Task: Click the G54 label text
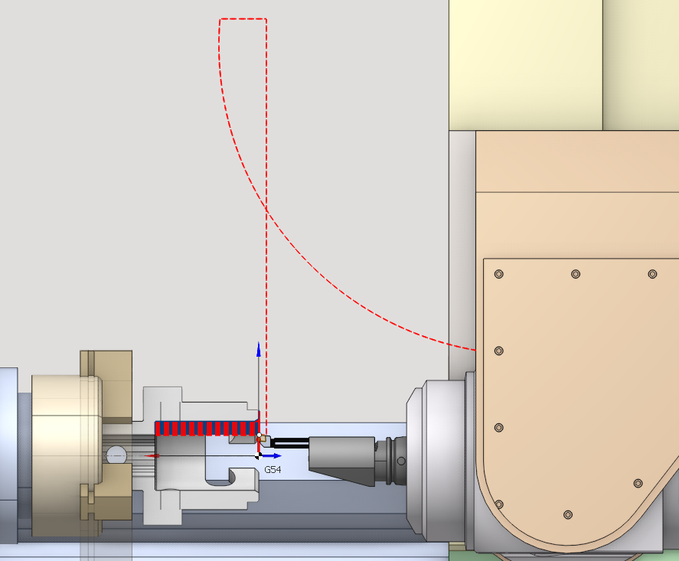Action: (x=273, y=470)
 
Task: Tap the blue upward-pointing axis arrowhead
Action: (x=259, y=349)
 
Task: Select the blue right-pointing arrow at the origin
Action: (x=272, y=456)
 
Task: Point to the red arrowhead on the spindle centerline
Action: (x=152, y=456)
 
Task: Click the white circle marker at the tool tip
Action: (x=259, y=435)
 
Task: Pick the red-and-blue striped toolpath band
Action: (x=207, y=428)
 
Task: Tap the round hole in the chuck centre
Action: (x=116, y=456)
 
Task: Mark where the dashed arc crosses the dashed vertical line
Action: (x=266, y=210)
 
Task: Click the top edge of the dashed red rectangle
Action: (x=243, y=18)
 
